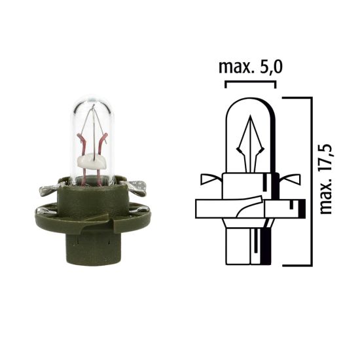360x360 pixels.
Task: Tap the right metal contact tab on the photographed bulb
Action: (x=139, y=187)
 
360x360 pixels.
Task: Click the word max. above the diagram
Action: (x=231, y=67)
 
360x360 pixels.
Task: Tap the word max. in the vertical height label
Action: (x=327, y=196)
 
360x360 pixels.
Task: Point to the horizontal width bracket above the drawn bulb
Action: (x=250, y=82)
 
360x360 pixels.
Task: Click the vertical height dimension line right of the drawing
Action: (x=308, y=180)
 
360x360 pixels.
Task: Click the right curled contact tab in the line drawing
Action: (x=291, y=177)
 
